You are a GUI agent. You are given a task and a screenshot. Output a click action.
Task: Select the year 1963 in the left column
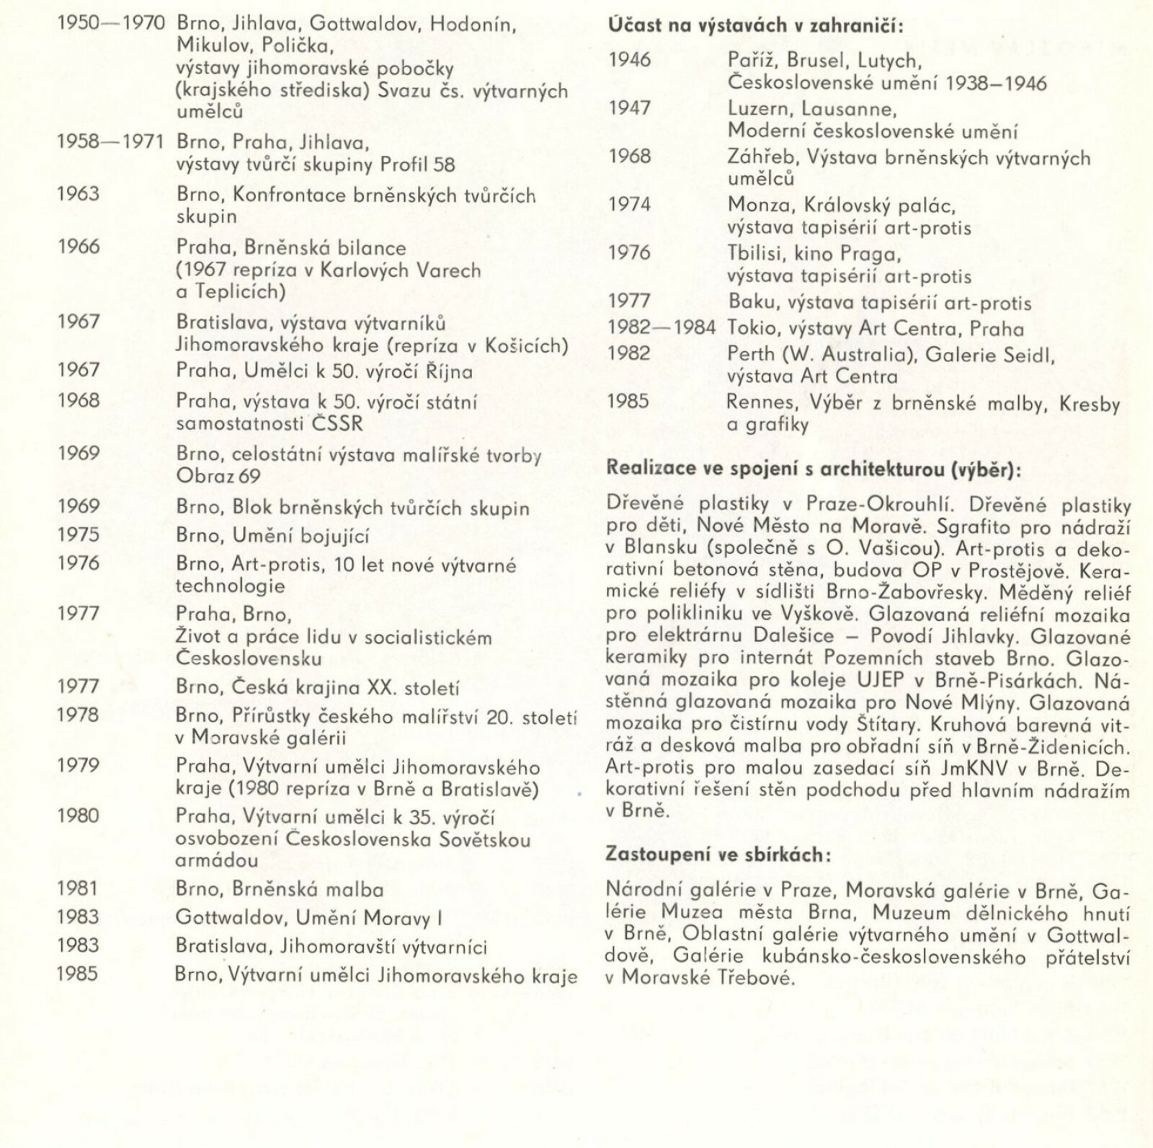click(x=78, y=194)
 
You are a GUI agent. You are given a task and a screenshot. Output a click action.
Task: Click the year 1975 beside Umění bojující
click(x=78, y=535)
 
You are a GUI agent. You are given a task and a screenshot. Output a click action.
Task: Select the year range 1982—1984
click(x=662, y=329)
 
